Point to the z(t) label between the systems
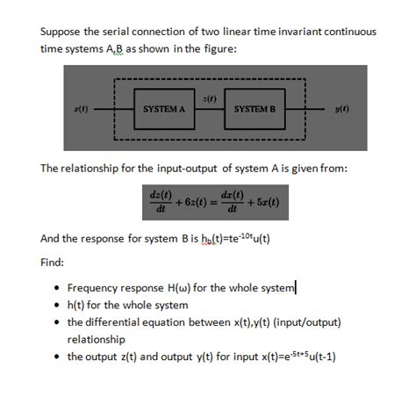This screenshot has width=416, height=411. point(209,94)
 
